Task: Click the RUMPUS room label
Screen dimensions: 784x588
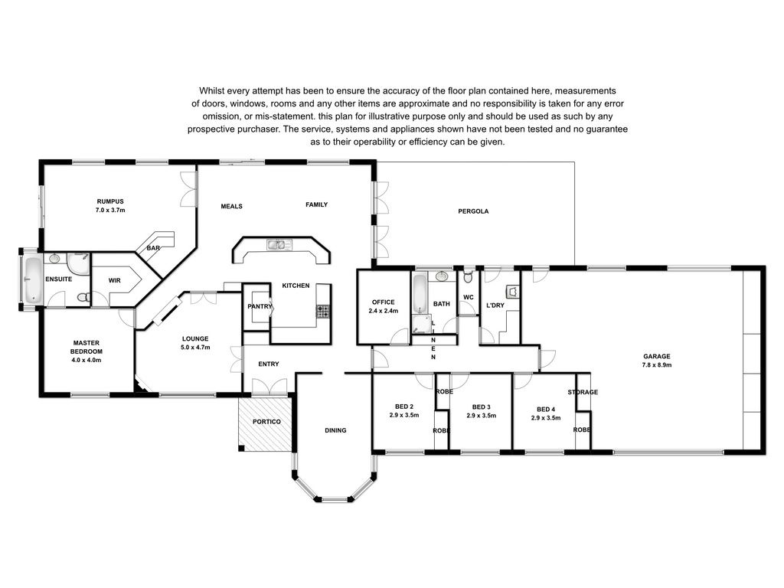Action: coord(110,201)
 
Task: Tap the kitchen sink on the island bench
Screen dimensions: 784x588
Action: coord(279,244)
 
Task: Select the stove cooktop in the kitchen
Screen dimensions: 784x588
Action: coord(322,312)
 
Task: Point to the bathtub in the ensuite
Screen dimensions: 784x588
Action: coord(33,280)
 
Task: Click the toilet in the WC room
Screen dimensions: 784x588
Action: coord(468,276)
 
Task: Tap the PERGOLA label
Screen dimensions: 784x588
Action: coord(473,211)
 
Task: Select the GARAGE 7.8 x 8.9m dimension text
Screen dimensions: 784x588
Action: coord(656,365)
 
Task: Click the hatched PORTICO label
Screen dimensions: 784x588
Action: coord(266,422)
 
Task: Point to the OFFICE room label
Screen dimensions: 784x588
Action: coord(383,302)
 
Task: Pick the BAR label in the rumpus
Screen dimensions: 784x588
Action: coord(153,248)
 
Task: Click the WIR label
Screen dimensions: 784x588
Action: coord(115,280)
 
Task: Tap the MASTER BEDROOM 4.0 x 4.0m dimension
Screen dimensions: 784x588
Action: coord(87,360)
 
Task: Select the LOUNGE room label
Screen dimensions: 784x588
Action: coord(195,338)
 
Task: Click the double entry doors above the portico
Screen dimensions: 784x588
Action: coord(269,387)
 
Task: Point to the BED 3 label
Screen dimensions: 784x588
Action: coord(481,407)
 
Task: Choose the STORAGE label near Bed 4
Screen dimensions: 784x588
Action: coord(583,392)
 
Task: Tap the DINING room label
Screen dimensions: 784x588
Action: coord(335,430)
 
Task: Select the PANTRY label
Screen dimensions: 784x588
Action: coord(260,306)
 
